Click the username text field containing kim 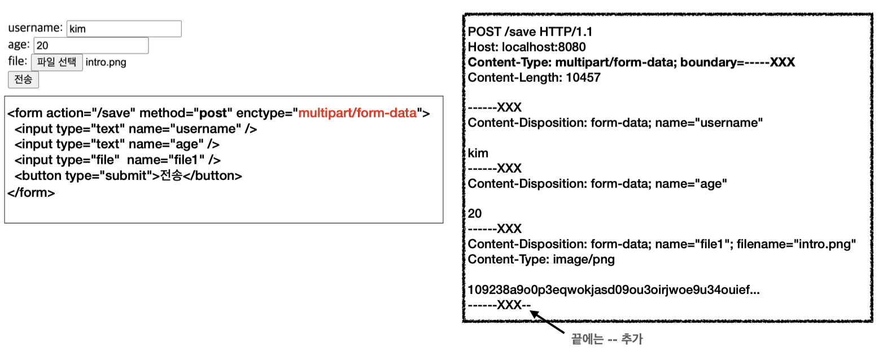coord(124,29)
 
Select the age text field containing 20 coord(91,46)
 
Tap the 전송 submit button coord(23,80)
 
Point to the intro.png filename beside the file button coord(106,62)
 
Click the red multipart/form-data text coord(357,113)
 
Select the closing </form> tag coord(32,192)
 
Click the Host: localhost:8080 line coord(527,47)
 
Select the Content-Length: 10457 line coord(534,78)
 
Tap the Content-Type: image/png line coord(541,260)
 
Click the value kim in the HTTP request coord(478,153)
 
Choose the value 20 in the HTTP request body coord(475,214)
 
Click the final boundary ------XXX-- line coord(500,305)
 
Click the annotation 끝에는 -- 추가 coord(607,339)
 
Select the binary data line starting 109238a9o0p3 coord(614,290)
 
